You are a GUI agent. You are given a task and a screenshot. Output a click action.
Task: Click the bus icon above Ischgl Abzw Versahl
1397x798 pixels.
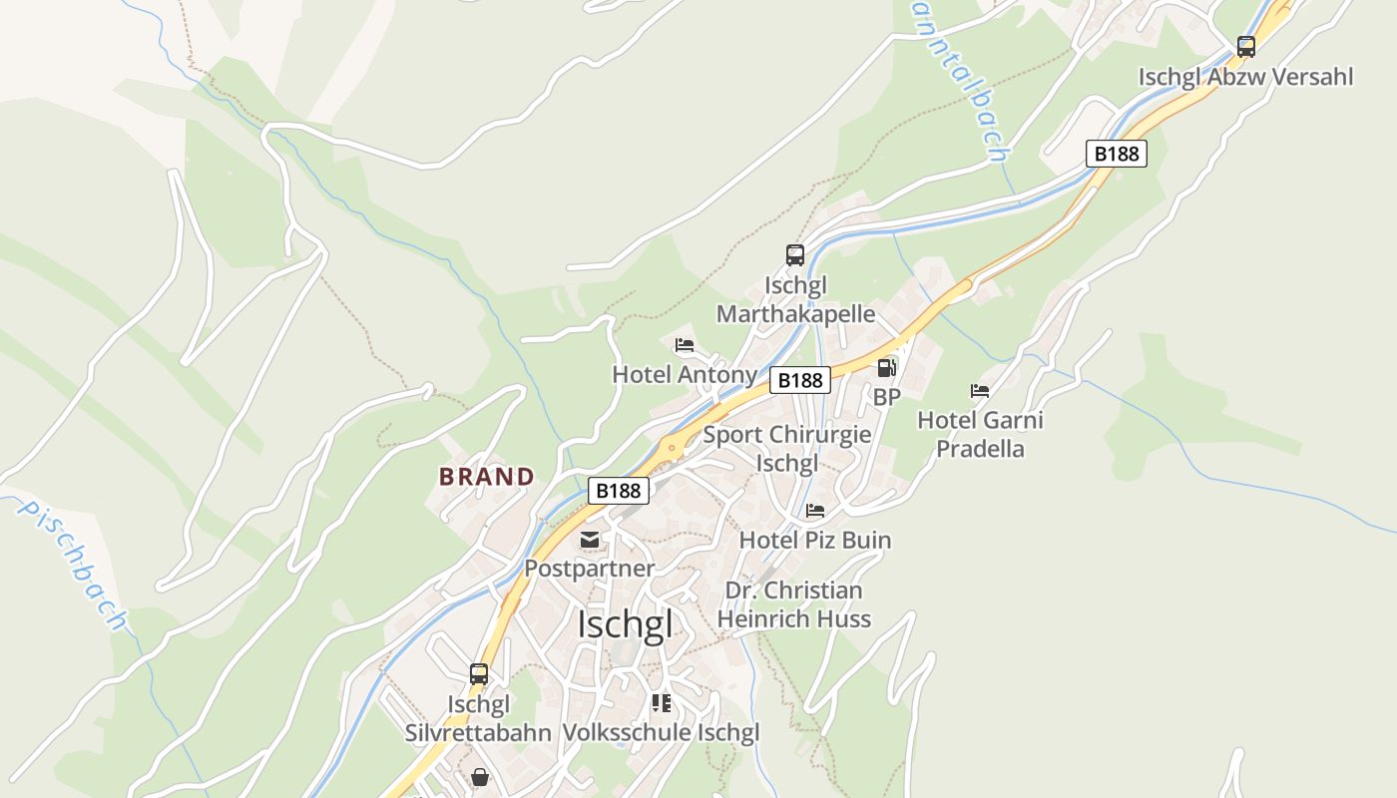tap(1245, 46)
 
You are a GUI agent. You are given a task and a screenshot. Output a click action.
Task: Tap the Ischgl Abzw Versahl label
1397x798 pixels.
tap(1245, 77)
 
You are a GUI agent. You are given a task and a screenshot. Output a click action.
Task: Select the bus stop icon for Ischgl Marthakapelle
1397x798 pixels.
tap(794, 255)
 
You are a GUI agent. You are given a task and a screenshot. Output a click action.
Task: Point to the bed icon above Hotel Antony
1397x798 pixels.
tap(684, 345)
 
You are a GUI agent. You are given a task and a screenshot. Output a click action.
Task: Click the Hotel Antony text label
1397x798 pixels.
tap(684, 375)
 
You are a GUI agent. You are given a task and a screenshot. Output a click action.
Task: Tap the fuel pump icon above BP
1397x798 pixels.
tap(886, 368)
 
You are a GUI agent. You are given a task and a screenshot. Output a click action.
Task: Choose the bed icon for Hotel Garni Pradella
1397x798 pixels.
tap(980, 391)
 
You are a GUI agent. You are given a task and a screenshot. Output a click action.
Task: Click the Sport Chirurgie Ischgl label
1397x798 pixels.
tap(787, 449)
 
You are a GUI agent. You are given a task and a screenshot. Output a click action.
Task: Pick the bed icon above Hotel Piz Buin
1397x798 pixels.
tap(815, 511)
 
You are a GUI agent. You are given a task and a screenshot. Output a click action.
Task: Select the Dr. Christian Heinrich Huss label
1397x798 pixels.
tap(793, 604)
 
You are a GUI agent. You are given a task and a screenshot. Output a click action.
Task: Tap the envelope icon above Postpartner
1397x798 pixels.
tap(590, 540)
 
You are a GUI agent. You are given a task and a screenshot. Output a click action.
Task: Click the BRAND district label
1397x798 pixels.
tap(487, 477)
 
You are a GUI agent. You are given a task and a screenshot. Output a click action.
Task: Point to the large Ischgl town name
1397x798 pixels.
tap(625, 625)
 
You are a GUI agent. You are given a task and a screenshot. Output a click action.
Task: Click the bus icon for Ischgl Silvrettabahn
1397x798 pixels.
tap(479, 674)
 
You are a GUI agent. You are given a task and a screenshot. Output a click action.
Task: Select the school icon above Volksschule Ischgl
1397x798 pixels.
tap(661, 703)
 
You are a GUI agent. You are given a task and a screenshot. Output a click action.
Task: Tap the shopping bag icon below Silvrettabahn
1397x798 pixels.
tap(480, 776)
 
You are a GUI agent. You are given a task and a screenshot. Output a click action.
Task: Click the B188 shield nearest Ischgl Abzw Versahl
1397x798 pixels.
tap(1116, 154)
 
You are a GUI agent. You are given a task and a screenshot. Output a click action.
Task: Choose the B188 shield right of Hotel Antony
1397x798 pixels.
tap(799, 380)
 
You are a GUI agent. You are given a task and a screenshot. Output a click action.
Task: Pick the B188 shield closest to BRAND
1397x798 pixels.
tap(619, 491)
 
